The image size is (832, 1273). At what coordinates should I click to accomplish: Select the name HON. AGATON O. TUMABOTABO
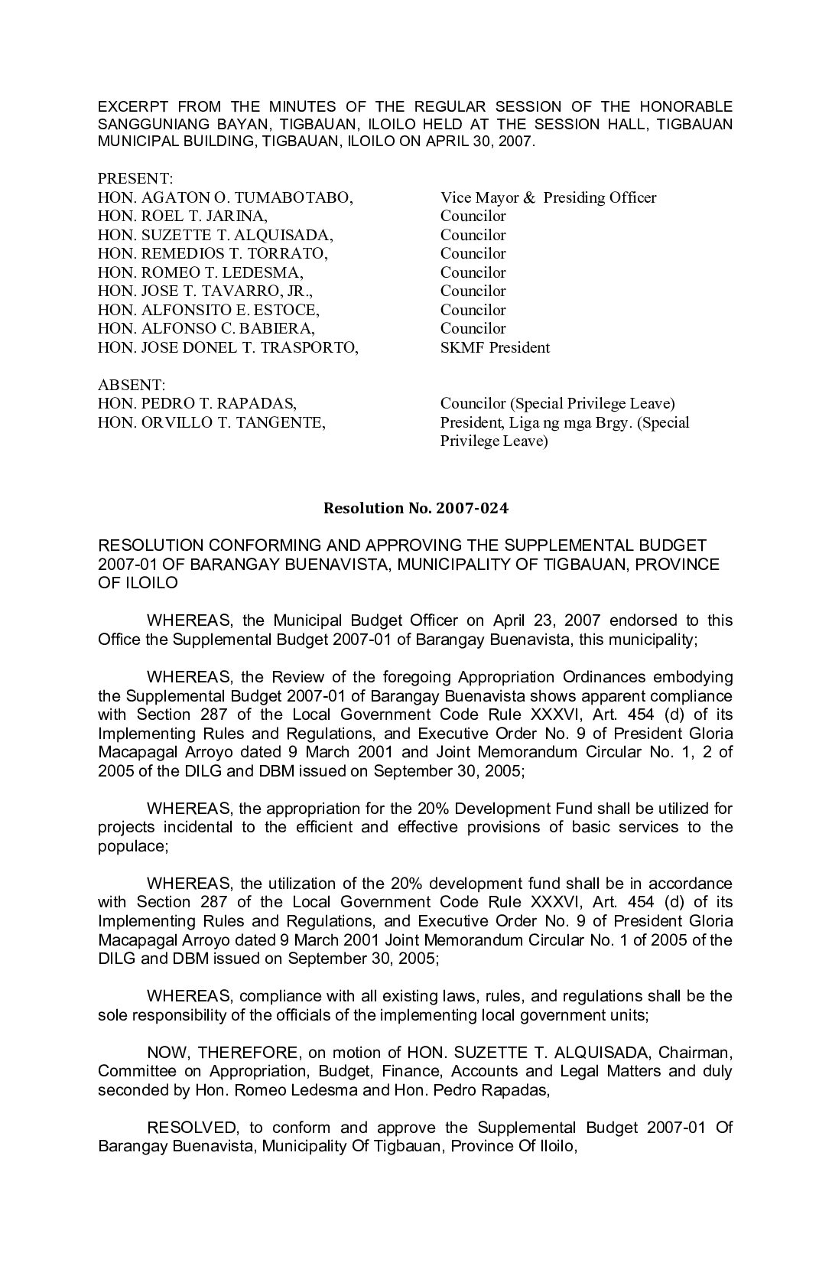(225, 197)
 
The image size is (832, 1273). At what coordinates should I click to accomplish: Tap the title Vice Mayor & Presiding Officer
(548, 197)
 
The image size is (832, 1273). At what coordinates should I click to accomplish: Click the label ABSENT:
(132, 385)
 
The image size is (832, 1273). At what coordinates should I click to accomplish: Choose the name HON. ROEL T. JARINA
(183, 216)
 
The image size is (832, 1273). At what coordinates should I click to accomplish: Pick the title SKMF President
(495, 347)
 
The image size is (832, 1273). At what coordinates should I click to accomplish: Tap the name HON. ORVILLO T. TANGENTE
(212, 422)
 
